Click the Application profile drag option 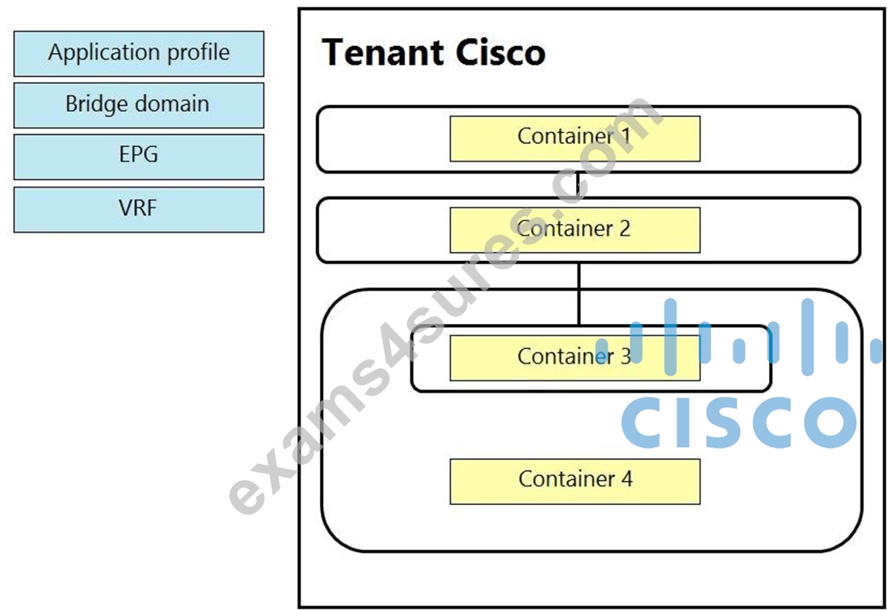(x=139, y=54)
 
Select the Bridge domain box (x=139, y=105)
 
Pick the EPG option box (x=139, y=157)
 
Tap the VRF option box (x=139, y=209)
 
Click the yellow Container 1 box (x=574, y=139)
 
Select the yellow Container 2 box (x=574, y=229)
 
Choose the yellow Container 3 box (x=574, y=358)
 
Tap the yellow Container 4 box (x=574, y=482)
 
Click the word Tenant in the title (x=382, y=53)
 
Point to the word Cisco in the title (x=500, y=53)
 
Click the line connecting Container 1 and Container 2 (x=578, y=185)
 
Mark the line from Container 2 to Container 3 (x=578, y=294)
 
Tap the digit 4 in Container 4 (x=626, y=479)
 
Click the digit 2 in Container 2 (x=624, y=229)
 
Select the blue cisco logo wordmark (x=739, y=421)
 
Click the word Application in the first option (x=105, y=53)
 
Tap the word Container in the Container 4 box (x=567, y=479)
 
